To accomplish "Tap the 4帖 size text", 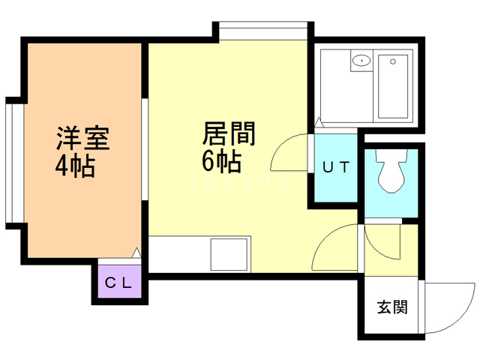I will point(74,166).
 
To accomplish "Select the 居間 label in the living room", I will point(229,135).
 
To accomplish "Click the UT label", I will point(335,167).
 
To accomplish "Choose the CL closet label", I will point(118,283).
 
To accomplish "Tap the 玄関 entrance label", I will point(391,307).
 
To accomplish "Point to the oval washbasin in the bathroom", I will point(362,61).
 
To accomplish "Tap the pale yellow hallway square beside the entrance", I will point(390,250).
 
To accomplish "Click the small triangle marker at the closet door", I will point(136,253).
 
